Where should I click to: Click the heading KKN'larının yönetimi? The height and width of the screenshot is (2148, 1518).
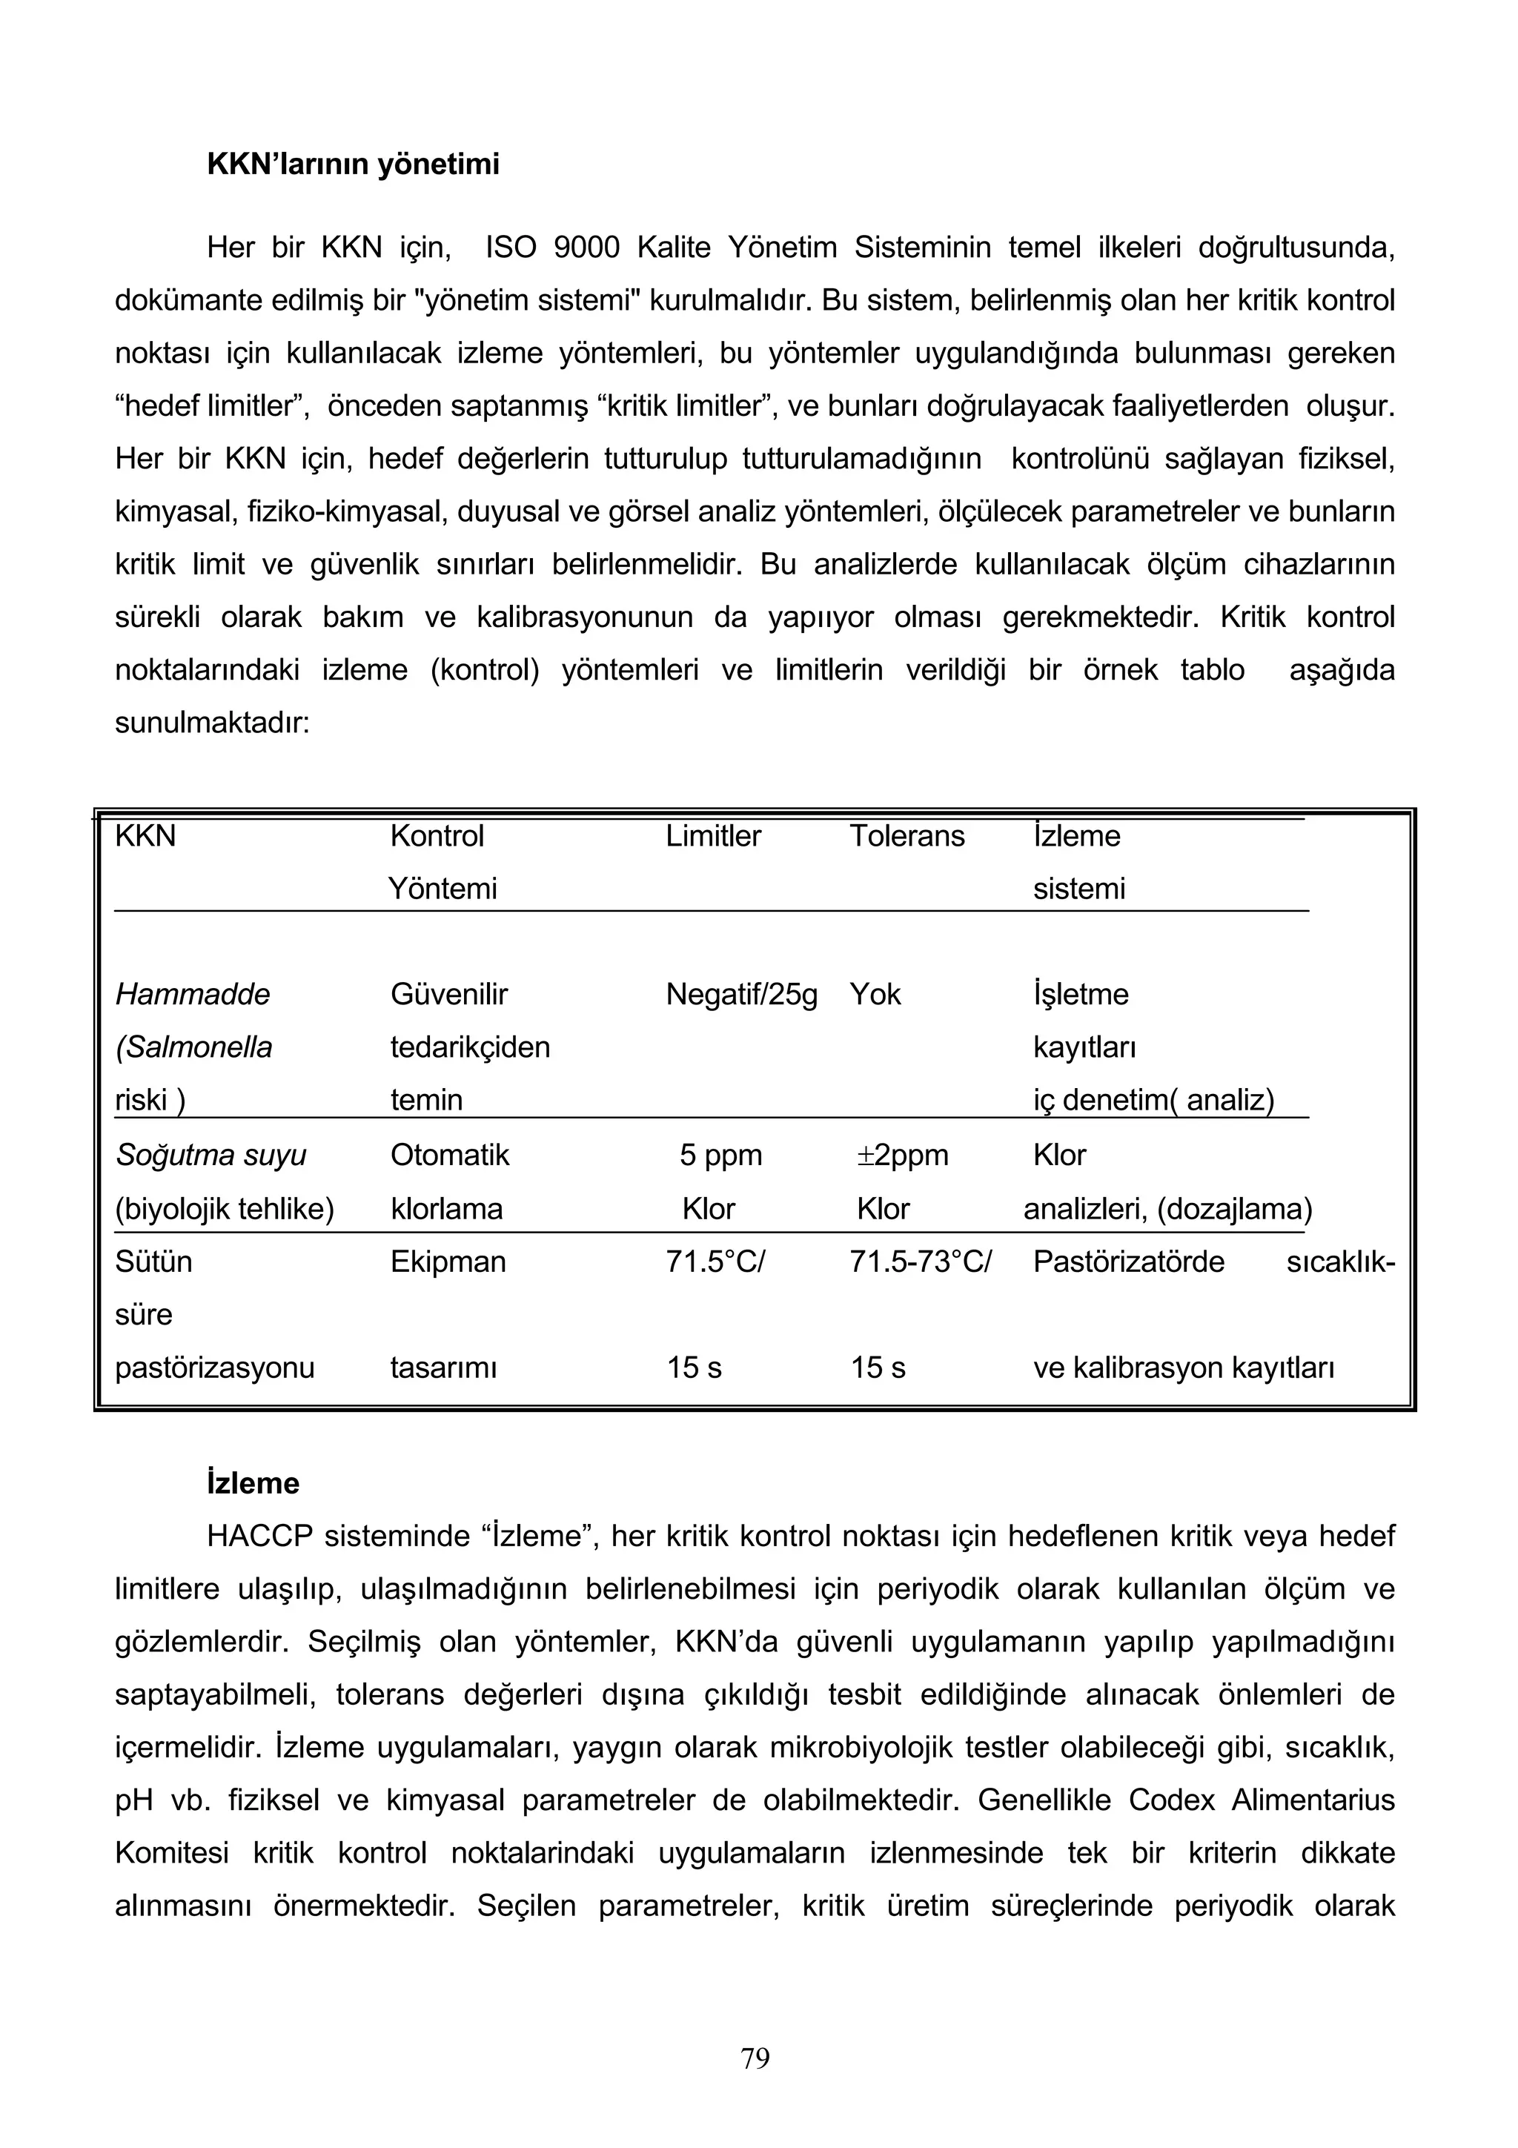pos(353,165)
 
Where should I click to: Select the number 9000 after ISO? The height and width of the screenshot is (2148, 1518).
pos(586,248)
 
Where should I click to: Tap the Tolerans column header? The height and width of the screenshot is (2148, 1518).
pos(907,835)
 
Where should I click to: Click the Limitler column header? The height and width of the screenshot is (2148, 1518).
pos(713,835)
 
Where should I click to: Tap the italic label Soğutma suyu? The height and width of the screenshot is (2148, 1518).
pos(211,1156)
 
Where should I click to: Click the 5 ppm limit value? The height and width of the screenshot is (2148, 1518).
pos(720,1156)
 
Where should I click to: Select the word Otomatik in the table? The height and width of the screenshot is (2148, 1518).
pos(450,1156)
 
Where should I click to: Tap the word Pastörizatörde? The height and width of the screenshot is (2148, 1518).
pos(1128,1262)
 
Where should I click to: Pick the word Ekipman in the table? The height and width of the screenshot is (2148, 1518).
pos(448,1262)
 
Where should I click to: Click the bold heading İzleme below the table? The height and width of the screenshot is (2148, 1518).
pos(253,1484)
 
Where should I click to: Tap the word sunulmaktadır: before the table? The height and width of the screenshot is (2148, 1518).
pos(211,723)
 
